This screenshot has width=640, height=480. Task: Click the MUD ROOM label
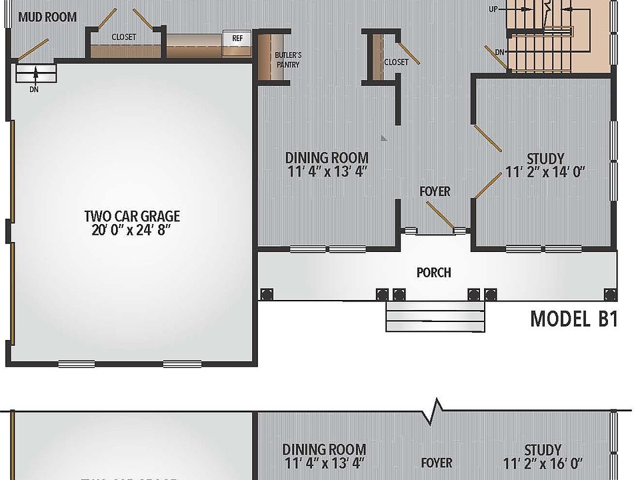pyautogui.click(x=47, y=17)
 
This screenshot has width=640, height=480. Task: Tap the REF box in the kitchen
pyautogui.click(x=237, y=38)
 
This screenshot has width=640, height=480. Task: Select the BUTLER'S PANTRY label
pyautogui.click(x=288, y=60)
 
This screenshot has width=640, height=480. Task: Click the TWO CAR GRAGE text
pyautogui.click(x=132, y=216)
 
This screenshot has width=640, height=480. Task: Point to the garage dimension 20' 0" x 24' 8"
pyautogui.click(x=132, y=231)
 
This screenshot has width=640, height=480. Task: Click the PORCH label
pyautogui.click(x=433, y=272)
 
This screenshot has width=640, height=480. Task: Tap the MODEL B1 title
pyautogui.click(x=573, y=319)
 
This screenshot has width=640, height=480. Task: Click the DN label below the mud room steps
pyautogui.click(x=34, y=88)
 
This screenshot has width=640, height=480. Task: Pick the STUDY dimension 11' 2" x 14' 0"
pyautogui.click(x=545, y=172)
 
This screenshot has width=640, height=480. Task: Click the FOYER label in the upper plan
pyautogui.click(x=435, y=191)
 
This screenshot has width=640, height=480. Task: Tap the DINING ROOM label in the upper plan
pyautogui.click(x=327, y=158)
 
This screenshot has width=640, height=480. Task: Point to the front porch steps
pyautogui.click(x=435, y=317)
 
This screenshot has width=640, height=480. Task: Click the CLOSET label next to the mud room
pyautogui.click(x=124, y=37)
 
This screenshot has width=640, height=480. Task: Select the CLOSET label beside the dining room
pyautogui.click(x=396, y=62)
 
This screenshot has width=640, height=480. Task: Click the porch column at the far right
pyautogui.click(x=609, y=294)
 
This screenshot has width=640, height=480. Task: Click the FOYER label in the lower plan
pyautogui.click(x=437, y=462)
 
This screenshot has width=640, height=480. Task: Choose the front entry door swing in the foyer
pyautogui.click(x=440, y=215)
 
